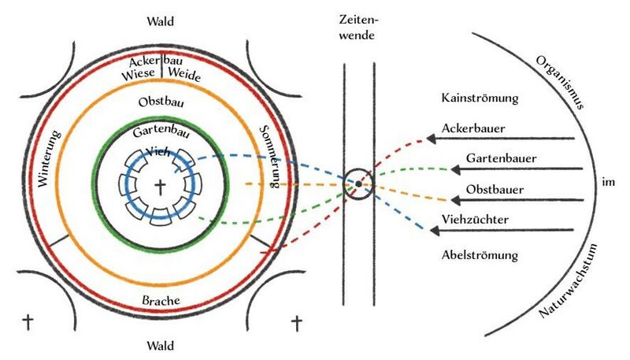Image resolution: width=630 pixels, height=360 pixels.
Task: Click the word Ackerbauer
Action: [473, 128]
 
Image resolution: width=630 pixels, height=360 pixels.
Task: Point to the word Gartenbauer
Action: [502, 158]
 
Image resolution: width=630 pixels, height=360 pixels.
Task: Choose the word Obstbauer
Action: [495, 190]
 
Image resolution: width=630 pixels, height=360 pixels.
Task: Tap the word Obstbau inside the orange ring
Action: [161, 103]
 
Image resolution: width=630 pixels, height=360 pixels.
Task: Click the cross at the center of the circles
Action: [161, 187]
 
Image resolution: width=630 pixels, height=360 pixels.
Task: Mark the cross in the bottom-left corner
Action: [28, 321]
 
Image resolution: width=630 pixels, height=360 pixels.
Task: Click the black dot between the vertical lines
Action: [358, 184]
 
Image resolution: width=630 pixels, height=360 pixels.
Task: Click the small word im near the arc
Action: [606, 183]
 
